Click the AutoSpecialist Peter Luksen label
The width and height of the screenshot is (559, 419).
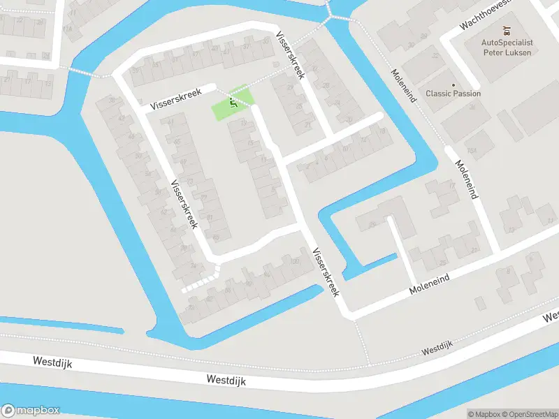coord(507,47)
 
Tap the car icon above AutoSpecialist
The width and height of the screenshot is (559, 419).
coord(507,31)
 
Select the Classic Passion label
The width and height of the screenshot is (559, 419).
coord(453,94)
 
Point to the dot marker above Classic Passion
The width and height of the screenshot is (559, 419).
coord(453,84)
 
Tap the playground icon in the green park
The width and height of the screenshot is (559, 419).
coord(233,103)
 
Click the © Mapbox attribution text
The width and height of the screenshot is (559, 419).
coord(484,414)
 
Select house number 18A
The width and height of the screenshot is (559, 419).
coord(67,29)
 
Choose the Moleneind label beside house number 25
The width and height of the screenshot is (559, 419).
coord(429,282)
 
